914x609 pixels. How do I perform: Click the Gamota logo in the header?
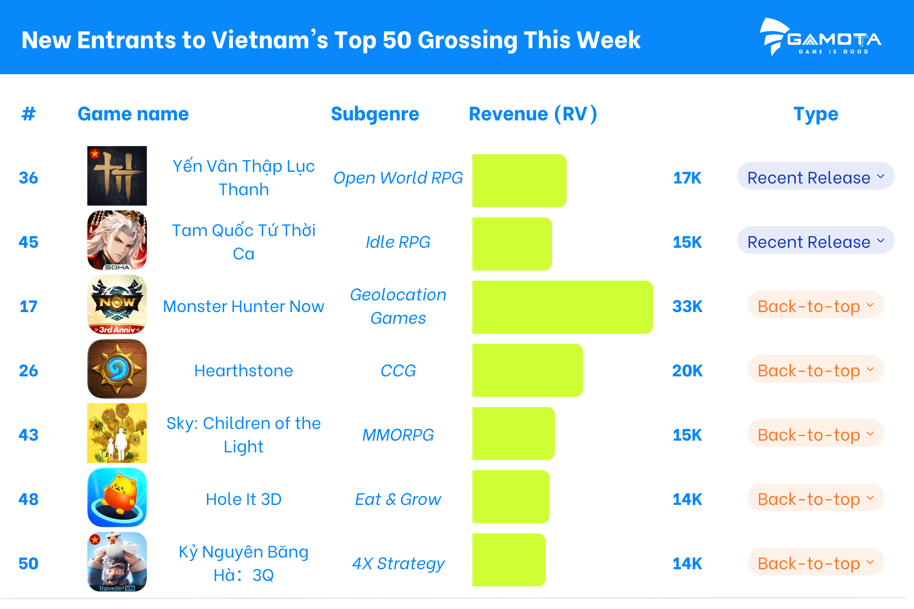point(820,37)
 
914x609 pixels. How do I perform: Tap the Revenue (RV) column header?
point(533,114)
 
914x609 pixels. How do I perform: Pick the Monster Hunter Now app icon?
point(117,304)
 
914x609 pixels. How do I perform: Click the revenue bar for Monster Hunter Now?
point(562,307)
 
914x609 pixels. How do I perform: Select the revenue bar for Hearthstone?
point(528,370)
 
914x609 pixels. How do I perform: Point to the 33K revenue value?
point(687,307)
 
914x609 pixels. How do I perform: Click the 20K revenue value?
point(687,371)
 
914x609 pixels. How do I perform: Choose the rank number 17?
point(28,307)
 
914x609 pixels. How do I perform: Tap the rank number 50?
point(28,563)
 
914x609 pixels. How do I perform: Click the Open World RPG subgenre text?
point(398,178)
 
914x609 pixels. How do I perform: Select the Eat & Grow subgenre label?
point(398,499)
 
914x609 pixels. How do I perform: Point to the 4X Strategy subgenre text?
point(398,563)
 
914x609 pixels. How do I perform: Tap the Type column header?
point(816,114)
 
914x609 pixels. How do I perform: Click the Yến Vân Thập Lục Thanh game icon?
point(117,176)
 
